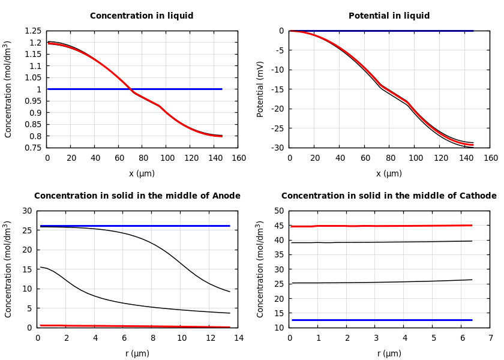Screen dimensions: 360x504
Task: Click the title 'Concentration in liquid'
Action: coord(142,16)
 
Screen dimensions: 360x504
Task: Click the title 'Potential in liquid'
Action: coord(389,16)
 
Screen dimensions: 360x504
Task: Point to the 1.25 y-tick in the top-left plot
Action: coord(34,31)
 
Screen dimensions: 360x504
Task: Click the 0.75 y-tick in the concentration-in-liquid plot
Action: coord(34,148)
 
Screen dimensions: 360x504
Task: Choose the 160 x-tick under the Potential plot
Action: coord(490,158)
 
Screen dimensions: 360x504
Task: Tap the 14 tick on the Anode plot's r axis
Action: coord(238,338)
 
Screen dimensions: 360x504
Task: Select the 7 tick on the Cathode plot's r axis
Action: coord(490,338)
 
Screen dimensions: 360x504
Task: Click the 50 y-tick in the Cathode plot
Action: coord(279,211)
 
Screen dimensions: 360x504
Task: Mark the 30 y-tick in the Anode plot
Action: coord(27,211)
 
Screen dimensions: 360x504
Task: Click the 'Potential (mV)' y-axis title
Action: coord(260,89)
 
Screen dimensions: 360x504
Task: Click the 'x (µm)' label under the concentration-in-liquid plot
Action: coord(142,173)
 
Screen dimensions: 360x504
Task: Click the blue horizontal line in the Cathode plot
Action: coord(384,320)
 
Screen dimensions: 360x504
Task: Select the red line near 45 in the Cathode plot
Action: coord(384,226)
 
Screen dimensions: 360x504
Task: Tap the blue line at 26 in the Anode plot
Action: coord(138,226)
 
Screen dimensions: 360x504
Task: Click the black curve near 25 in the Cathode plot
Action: coord(384,282)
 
